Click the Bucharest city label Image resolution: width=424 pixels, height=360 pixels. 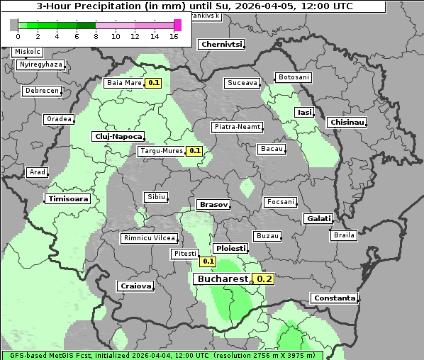[222, 279]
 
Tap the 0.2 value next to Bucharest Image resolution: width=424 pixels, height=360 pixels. [264, 279]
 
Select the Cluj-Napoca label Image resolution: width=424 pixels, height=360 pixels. [118, 136]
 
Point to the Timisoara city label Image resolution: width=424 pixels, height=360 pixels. [69, 199]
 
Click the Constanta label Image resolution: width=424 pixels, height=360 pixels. [335, 298]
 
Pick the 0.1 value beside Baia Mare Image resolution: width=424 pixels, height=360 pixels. [153, 83]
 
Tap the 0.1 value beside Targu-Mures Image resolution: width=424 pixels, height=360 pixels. [194, 151]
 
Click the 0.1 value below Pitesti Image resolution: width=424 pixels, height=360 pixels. [208, 261]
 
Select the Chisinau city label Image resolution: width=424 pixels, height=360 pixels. [347, 123]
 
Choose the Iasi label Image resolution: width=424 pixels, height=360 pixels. [304, 112]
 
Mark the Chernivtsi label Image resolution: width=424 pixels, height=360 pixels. [222, 44]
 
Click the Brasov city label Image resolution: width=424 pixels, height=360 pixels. [213, 204]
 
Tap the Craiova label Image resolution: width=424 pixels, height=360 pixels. [135, 286]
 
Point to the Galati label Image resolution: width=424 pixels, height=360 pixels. [318, 218]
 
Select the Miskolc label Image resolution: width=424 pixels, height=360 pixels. [28, 52]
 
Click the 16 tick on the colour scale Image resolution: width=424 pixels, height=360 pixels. [174, 36]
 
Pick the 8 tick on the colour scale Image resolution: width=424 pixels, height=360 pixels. [96, 36]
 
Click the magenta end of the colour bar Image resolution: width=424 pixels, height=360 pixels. [177, 25]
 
